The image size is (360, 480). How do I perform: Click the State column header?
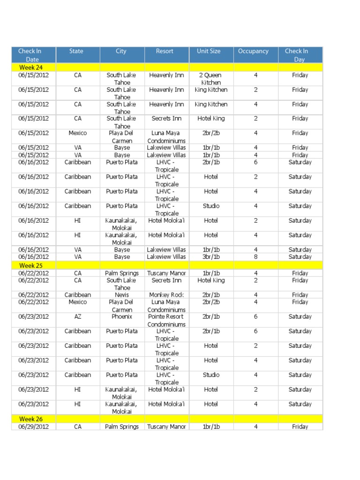point(76,51)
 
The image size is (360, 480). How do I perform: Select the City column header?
point(121,51)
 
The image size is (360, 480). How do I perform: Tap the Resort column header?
point(165,51)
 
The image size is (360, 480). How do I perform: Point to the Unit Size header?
point(209,51)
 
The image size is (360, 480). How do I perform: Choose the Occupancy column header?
point(253,51)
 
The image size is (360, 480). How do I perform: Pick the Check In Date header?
point(30,55)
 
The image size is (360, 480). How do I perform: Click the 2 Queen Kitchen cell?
point(211,79)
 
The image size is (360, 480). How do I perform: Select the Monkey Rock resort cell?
point(166,295)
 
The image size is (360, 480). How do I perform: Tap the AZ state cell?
point(78,317)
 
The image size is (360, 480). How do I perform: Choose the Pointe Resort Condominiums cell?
point(166,320)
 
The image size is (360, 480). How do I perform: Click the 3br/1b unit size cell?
point(211,257)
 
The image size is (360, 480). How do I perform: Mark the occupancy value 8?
point(256,257)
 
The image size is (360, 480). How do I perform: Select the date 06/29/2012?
point(33,427)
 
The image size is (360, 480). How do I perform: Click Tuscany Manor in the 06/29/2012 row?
point(166,427)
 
